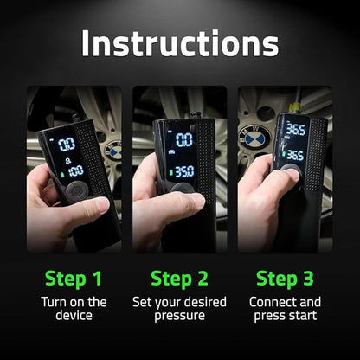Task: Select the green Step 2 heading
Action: coord(179,278)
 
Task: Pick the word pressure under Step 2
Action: coord(179,317)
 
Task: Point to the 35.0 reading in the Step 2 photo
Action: coord(183,172)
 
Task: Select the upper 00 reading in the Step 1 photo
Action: coord(65,144)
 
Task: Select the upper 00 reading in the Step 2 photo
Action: coord(183,139)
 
